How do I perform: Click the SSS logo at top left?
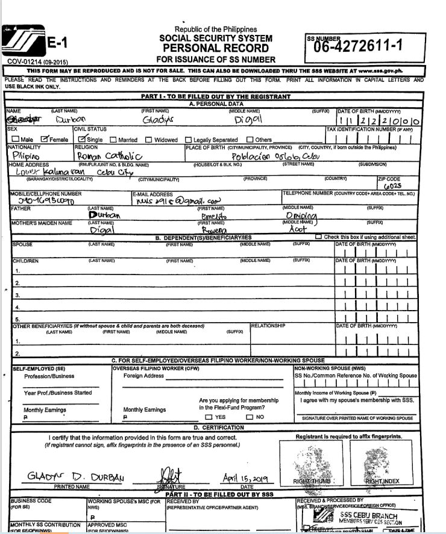pyautogui.click(x=23, y=43)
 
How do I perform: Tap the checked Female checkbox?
pyautogui.click(x=44, y=140)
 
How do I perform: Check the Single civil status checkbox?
pyautogui.click(x=82, y=140)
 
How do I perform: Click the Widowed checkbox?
pyautogui.click(x=149, y=140)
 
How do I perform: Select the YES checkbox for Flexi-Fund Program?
pyautogui.click(x=209, y=417)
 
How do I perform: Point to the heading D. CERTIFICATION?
pyautogui.click(x=215, y=427)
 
